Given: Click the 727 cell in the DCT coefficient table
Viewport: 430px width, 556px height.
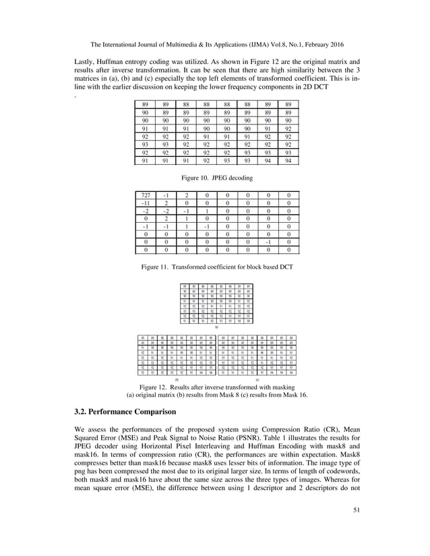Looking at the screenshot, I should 145,195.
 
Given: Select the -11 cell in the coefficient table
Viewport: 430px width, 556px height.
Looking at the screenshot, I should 145,204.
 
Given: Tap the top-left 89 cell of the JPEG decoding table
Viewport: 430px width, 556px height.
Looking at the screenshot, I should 145,105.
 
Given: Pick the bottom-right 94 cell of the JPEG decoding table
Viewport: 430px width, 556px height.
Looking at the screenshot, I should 288,161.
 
